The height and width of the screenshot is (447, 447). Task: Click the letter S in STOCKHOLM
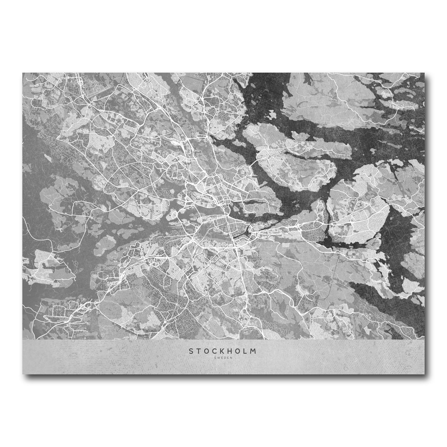point(191,351)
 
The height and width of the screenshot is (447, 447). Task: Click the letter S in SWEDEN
point(215,358)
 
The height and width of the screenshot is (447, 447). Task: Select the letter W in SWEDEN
point(219,358)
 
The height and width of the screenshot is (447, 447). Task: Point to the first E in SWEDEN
point(222,358)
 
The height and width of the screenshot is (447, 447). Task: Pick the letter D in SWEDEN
point(225,358)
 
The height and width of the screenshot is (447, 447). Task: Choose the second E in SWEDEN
point(228,358)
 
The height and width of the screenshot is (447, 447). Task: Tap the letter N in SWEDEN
point(231,358)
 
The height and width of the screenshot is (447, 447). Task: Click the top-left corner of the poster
point(23,73)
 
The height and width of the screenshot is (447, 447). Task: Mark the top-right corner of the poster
point(424,73)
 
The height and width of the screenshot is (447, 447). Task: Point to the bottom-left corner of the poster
point(23,374)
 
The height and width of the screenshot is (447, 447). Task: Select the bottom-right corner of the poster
point(424,374)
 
